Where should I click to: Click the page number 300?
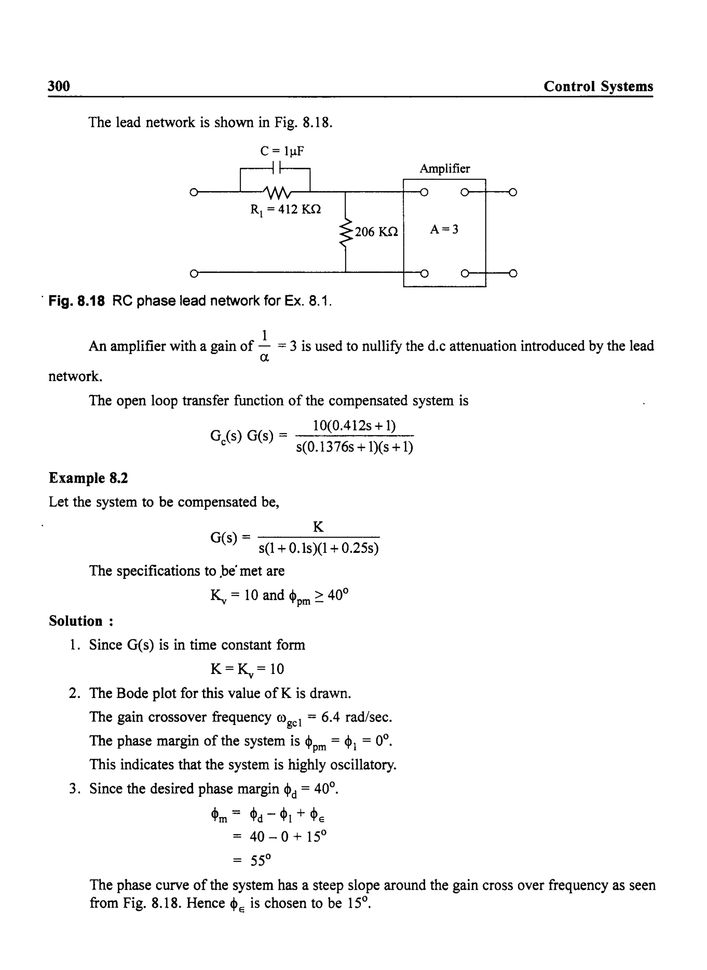(59, 86)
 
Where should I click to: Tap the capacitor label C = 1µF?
(282, 151)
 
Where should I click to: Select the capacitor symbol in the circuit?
(275, 168)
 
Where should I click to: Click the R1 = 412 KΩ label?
(285, 210)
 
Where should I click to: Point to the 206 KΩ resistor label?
(376, 232)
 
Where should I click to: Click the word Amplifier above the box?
(444, 169)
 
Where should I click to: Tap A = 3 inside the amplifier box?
(444, 230)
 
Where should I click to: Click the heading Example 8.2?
(88, 478)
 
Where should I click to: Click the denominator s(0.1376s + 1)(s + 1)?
(354, 447)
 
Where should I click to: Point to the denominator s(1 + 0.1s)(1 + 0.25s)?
(319, 548)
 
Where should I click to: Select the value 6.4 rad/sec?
(357, 717)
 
